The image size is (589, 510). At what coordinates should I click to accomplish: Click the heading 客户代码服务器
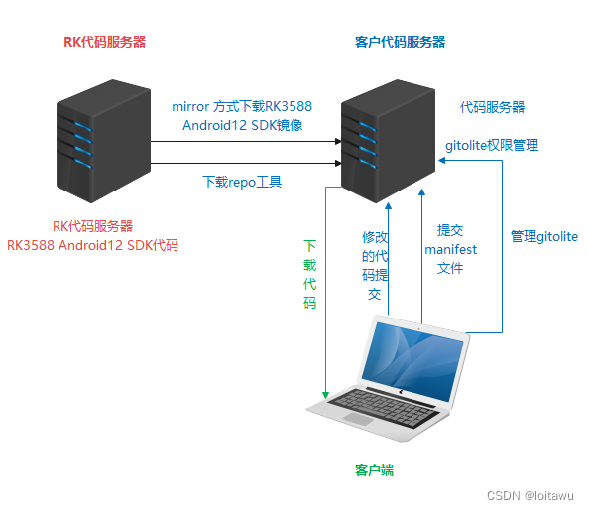(400, 42)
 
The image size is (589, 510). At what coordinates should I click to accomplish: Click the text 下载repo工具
(243, 181)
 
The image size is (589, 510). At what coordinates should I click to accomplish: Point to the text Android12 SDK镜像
(243, 125)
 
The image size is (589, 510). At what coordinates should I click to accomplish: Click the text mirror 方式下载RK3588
(243, 106)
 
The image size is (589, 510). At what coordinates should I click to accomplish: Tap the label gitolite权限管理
(492, 145)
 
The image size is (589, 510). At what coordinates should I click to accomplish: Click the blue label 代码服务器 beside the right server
(492, 106)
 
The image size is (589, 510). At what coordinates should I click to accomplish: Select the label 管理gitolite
(543, 236)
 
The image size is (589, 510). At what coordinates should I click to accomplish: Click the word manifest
(451, 249)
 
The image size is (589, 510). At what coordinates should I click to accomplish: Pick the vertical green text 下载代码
(310, 273)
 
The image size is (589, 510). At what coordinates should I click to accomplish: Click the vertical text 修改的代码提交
(374, 265)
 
